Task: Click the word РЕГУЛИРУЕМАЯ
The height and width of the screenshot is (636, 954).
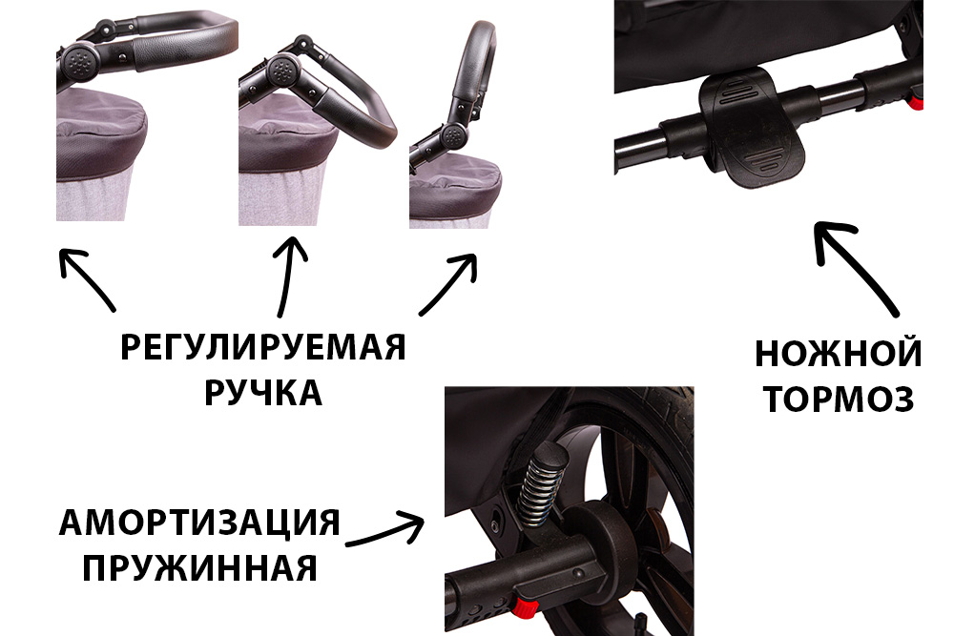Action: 263,347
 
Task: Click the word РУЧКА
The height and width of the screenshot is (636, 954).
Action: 263,392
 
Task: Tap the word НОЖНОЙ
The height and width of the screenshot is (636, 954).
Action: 839,353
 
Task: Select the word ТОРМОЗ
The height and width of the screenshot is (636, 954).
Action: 839,399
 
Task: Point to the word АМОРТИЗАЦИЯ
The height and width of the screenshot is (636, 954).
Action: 199,523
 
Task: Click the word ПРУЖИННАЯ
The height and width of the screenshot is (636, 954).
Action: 199,567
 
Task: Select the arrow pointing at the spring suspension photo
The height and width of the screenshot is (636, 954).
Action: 385,528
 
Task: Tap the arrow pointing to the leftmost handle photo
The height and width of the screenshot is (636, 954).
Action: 87,279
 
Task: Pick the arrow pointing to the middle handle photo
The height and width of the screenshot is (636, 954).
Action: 286,277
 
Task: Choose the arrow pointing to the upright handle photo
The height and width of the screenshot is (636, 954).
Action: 448,284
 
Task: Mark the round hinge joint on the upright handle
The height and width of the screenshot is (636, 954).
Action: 452,134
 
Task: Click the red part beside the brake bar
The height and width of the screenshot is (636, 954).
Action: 916,99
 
